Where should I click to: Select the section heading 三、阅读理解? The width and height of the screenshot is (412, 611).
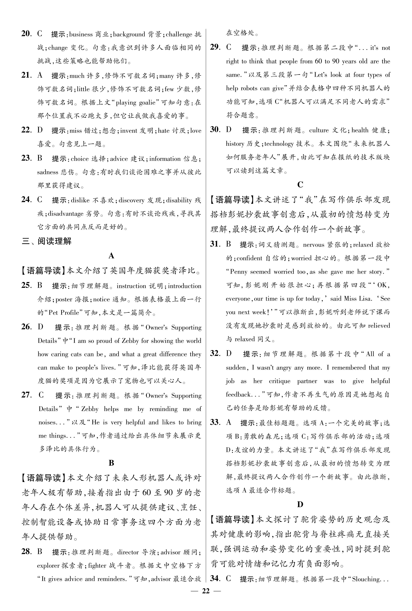coord(47,241)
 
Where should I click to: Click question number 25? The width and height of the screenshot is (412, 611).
coord(27,285)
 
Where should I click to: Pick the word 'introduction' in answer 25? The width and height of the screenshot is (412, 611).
coord(185,286)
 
